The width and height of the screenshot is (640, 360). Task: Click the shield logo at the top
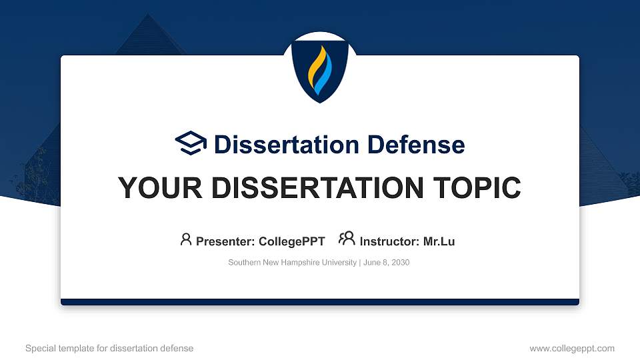320,67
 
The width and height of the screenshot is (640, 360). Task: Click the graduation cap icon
191,143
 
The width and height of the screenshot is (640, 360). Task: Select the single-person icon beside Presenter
186,239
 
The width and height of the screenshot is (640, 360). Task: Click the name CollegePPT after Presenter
293,241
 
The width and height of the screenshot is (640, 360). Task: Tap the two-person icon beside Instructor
347,239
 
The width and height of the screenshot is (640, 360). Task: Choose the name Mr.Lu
439,241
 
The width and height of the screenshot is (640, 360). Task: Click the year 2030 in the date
400,263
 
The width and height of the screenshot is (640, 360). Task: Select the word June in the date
372,263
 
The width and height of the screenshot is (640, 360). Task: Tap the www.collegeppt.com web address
572,349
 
